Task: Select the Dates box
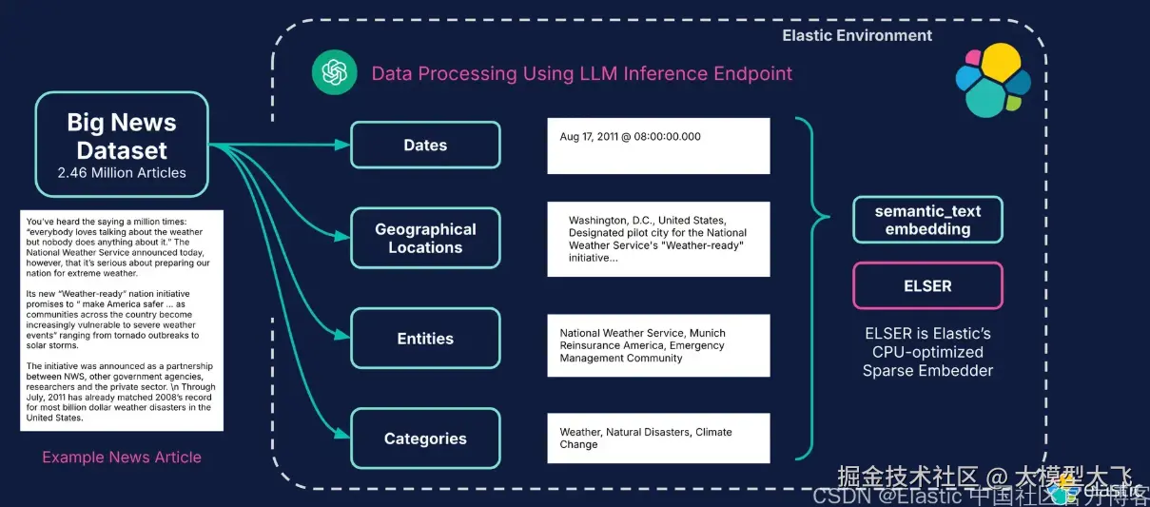click(425, 146)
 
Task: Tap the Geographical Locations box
click(425, 238)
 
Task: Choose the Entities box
click(425, 339)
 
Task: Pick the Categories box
click(425, 439)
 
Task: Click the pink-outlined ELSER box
click(927, 285)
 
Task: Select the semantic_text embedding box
click(927, 220)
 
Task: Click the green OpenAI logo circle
click(335, 73)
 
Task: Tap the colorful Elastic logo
click(993, 80)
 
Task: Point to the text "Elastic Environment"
click(857, 36)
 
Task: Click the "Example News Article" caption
click(122, 458)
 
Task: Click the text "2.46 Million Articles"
click(122, 173)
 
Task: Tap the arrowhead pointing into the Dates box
click(343, 146)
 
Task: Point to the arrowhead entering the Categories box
click(343, 438)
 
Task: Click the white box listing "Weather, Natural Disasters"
click(658, 439)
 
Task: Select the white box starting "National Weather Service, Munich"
click(658, 346)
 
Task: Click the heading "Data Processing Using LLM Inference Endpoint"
click(581, 73)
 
